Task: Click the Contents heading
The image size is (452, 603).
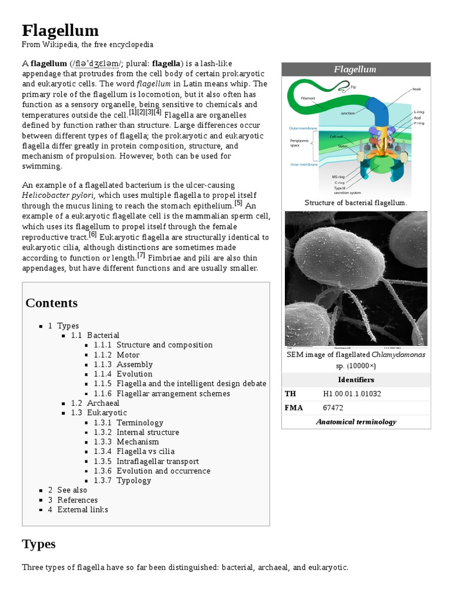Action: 51,303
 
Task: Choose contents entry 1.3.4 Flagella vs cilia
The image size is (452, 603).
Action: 145,451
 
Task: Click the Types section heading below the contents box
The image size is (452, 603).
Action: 38,544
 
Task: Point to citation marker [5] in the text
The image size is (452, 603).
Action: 238,203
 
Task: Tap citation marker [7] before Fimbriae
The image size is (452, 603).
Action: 141,256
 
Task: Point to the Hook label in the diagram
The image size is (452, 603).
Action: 416,89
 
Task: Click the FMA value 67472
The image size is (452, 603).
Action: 333,407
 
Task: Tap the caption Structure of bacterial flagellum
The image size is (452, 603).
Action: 355,203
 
